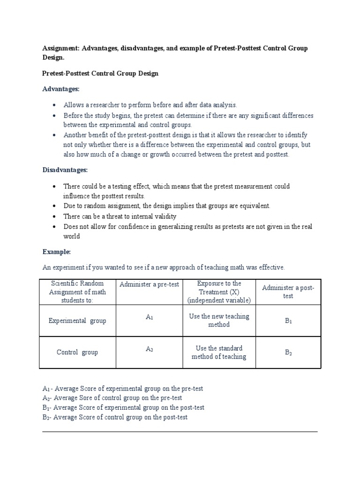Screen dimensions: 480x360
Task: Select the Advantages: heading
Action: pyautogui.click(x=61, y=89)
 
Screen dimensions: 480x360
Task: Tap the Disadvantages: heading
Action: pyautogui.click(x=65, y=170)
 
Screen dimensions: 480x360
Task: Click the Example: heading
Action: pyautogui.click(x=56, y=252)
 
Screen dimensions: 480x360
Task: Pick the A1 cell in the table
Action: pyautogui.click(x=150, y=317)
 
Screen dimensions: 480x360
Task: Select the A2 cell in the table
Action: pyautogui.click(x=150, y=349)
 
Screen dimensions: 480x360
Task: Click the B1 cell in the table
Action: pyautogui.click(x=288, y=321)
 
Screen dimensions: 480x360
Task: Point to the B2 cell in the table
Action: pyautogui.click(x=288, y=352)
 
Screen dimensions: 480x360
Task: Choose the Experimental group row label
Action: pyautogui.click(x=77, y=321)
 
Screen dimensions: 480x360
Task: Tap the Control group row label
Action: pyautogui.click(x=77, y=352)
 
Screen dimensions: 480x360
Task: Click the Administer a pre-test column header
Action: pyautogui.click(x=150, y=285)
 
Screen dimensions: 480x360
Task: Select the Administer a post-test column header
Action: pyautogui.click(x=288, y=292)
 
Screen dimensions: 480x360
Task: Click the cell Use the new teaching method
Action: pyautogui.click(x=219, y=321)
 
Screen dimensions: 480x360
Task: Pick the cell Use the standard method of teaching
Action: pyautogui.click(x=219, y=352)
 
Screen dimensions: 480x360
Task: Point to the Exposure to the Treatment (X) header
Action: pyautogui.click(x=219, y=292)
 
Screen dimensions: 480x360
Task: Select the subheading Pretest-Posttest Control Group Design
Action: pyautogui.click(x=100, y=74)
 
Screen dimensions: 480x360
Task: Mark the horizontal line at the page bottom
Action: pyautogui.click(x=180, y=432)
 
